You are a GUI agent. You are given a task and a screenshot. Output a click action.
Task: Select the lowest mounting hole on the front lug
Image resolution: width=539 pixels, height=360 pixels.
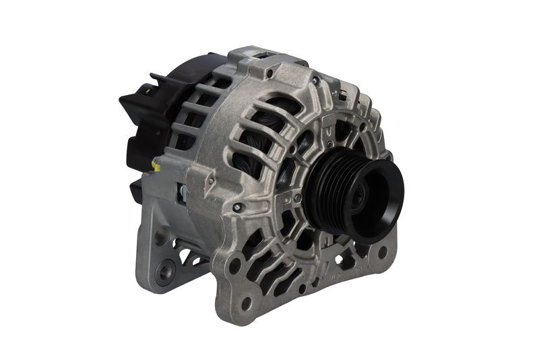click(x=247, y=304)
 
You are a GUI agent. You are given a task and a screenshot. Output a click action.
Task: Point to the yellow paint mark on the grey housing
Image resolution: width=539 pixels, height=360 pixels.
click(x=156, y=165)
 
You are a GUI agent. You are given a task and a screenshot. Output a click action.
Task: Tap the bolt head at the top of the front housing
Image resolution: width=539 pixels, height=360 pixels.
click(x=315, y=81)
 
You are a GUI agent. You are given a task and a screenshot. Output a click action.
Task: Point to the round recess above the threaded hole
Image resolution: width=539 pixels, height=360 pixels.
click(x=161, y=236)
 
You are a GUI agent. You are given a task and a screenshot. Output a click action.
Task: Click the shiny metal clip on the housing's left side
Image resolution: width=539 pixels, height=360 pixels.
click(x=181, y=194)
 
